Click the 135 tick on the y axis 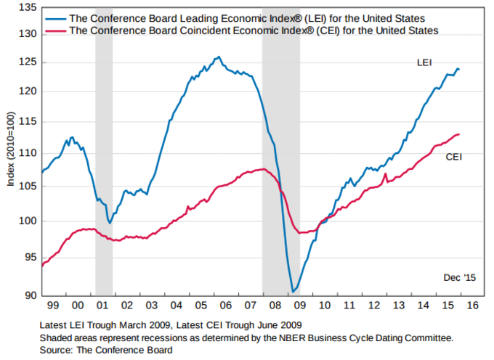click(x=28, y=7)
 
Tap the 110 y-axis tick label click(x=28, y=153)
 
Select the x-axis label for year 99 click(x=52, y=306)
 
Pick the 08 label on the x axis click(x=273, y=306)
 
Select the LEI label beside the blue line click(x=424, y=63)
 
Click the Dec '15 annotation click(x=459, y=278)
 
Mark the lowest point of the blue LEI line click(x=293, y=292)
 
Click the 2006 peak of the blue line click(x=218, y=57)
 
